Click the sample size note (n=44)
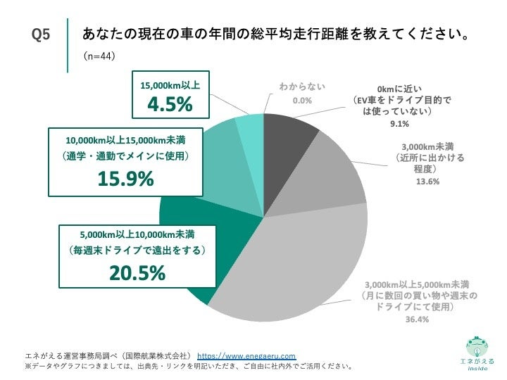tap(99, 56)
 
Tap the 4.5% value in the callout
tap(169, 104)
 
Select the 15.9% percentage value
tap(125, 179)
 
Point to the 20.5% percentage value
tap(137, 274)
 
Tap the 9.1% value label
tap(399, 126)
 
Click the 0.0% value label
tap(302, 101)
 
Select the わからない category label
tap(302, 87)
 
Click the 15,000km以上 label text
tap(170, 85)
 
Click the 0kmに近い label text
tap(399, 89)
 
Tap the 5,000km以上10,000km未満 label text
tap(137, 234)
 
